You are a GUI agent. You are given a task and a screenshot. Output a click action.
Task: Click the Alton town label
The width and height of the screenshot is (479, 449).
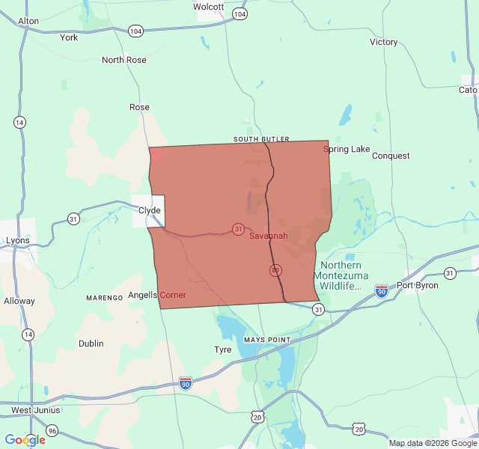point(28,21)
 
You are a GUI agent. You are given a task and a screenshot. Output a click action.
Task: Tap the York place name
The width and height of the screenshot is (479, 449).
point(69,37)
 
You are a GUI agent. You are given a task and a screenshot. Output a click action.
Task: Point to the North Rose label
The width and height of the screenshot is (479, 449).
point(124,60)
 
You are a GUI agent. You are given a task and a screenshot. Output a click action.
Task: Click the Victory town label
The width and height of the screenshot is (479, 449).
point(384,42)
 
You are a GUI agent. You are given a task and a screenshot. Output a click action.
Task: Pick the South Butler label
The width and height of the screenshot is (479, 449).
point(261,139)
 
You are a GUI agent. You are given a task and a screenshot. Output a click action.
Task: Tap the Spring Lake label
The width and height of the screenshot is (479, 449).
point(347,149)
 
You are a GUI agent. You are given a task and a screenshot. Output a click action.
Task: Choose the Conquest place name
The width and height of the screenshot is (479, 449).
point(391,156)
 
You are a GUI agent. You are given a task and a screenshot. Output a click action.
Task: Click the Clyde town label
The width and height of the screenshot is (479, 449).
point(150,210)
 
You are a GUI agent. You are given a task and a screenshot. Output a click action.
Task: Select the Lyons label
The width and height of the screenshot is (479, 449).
point(18,240)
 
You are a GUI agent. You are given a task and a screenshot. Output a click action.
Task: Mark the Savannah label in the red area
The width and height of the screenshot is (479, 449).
point(268,236)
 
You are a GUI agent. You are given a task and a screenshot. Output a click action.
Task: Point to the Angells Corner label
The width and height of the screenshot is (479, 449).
point(157,295)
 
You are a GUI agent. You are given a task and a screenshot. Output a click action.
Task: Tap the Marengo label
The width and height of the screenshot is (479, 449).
point(104,298)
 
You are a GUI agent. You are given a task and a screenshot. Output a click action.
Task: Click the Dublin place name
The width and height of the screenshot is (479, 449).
point(91,343)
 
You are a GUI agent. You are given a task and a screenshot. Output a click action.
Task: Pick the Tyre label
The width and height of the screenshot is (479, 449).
point(223,349)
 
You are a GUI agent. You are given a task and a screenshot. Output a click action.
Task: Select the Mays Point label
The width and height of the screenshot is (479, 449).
point(266,340)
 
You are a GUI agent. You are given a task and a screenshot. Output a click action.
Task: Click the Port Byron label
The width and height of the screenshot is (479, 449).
point(415,285)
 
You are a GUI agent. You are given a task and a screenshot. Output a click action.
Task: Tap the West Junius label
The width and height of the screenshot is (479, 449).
point(31,410)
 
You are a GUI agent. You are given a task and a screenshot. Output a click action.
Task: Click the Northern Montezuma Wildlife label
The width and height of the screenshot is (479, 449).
point(341,275)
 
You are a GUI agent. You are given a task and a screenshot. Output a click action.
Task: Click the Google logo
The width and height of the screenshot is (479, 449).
point(25,440)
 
